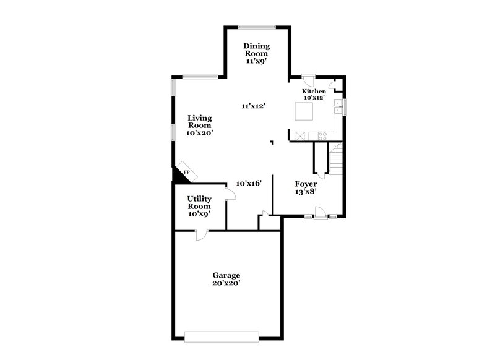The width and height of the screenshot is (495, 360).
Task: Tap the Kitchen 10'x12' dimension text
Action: point(314,98)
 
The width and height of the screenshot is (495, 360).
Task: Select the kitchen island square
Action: point(304,111)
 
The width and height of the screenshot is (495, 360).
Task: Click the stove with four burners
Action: point(321,135)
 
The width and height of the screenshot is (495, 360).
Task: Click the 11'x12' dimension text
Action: point(253,106)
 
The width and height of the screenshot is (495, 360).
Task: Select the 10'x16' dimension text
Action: point(251,183)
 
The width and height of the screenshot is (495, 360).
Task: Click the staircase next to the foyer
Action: point(336,158)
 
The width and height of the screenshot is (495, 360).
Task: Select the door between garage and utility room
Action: point(201,234)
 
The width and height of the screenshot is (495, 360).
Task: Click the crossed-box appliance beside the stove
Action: point(301,135)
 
